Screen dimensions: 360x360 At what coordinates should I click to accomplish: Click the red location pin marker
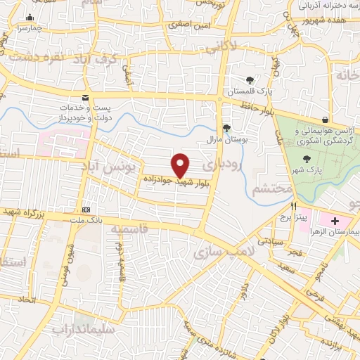click(x=181, y=165)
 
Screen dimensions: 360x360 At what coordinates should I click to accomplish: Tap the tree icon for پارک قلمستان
click(x=250, y=80)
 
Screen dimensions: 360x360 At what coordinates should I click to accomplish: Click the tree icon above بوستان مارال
click(x=226, y=128)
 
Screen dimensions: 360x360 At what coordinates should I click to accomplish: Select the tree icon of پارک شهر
click(x=306, y=159)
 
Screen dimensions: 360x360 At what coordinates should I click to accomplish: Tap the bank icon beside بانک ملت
click(x=86, y=210)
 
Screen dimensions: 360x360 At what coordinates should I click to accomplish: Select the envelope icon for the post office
click(x=86, y=98)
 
